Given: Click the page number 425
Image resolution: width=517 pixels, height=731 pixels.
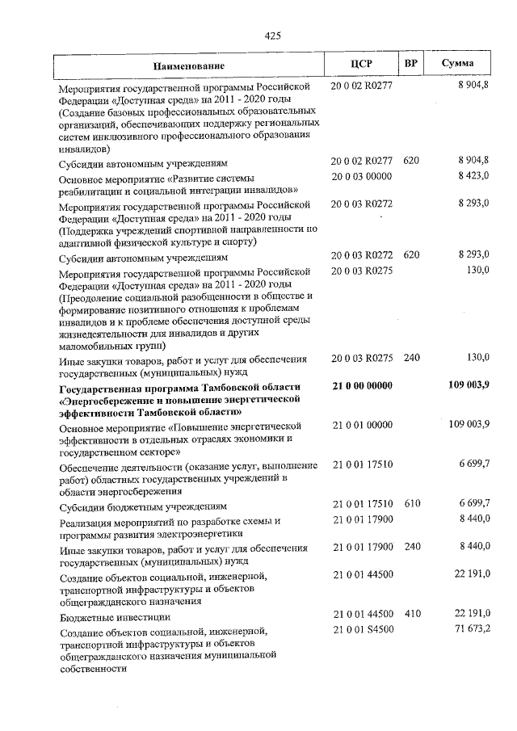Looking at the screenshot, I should tap(272, 35).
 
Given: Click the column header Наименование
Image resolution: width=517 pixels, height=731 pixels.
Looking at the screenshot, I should tap(190, 65).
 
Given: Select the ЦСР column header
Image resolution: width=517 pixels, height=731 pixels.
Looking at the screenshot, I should tap(361, 64).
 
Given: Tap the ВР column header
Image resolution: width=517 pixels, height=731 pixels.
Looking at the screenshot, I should tap(411, 64).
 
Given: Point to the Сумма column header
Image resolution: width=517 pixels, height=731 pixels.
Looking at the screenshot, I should tap(458, 64).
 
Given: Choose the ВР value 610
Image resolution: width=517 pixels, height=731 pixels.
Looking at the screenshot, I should tap(412, 503).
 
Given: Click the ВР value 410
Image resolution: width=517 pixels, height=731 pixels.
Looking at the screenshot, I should tap(412, 615).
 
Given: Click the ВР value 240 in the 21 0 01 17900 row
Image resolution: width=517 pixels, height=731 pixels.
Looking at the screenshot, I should tap(412, 547).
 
